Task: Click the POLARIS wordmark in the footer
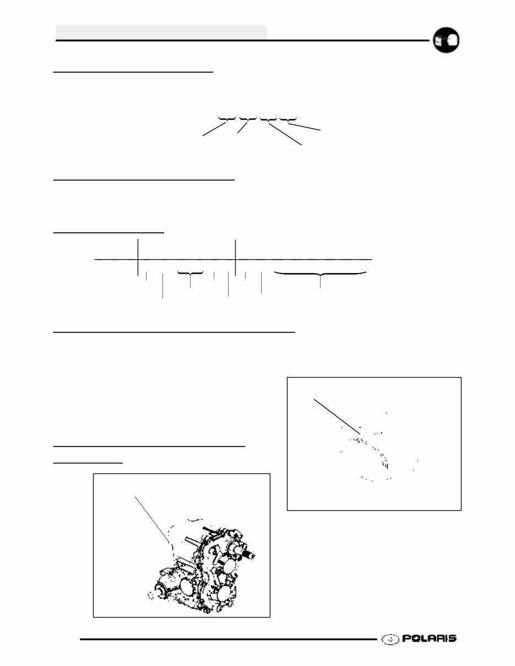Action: [x=429, y=638]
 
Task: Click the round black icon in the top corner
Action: [x=446, y=40]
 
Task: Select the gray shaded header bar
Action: [x=161, y=32]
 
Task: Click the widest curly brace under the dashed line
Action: [x=321, y=274]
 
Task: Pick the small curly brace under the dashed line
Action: [x=190, y=274]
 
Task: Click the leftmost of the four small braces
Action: [x=226, y=119]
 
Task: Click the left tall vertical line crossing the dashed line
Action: [x=137, y=256]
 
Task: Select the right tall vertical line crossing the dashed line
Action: [x=235, y=256]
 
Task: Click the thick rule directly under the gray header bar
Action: [x=242, y=40]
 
